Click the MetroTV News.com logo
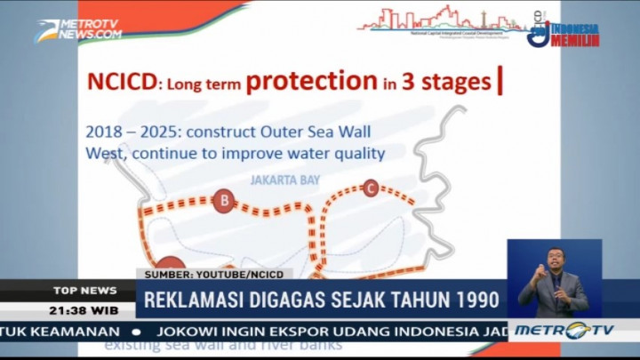coord(78,29)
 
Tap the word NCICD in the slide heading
coord(120,83)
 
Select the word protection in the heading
coord(311,81)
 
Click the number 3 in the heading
coord(410,82)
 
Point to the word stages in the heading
coord(457,84)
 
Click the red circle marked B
coord(224,202)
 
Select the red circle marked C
coord(371,188)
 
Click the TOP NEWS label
coord(84,290)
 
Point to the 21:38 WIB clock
coord(84,309)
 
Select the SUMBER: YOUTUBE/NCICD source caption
coord(213,274)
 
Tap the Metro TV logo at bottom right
coord(577,330)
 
